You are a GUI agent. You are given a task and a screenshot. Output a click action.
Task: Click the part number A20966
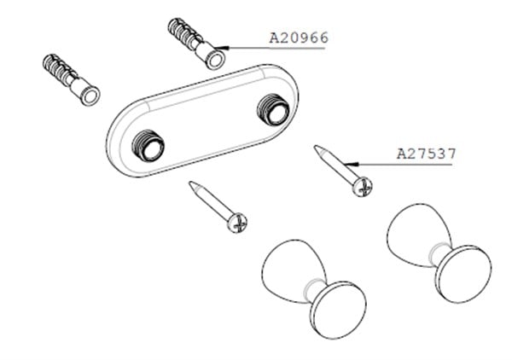click(x=299, y=38)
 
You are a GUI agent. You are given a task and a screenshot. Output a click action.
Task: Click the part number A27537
click(x=426, y=154)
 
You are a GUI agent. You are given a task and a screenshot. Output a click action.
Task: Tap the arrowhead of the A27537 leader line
click(x=352, y=164)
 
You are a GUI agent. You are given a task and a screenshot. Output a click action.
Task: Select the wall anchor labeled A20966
click(x=196, y=44)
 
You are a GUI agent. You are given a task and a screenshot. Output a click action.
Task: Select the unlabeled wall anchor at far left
click(x=71, y=79)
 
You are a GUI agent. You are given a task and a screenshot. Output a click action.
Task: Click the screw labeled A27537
click(x=343, y=171)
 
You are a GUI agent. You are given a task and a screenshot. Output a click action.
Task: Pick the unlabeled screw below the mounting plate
click(x=218, y=207)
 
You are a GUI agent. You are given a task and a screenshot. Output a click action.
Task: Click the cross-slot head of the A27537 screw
click(x=363, y=187)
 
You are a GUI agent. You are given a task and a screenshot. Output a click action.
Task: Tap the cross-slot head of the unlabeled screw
click(x=237, y=223)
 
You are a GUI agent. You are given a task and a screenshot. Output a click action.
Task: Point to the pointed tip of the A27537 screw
click(x=315, y=147)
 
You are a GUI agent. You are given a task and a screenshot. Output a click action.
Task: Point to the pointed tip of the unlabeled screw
click(x=189, y=183)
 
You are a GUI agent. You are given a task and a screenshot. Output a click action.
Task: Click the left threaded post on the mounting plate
click(x=148, y=146)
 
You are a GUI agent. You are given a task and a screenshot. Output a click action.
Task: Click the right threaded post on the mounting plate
click(x=273, y=109)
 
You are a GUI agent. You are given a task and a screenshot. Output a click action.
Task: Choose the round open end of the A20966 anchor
click(x=215, y=60)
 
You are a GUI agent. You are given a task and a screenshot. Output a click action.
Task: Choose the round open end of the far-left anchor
click(x=90, y=96)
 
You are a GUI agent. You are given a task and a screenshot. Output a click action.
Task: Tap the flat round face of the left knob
click(x=338, y=310)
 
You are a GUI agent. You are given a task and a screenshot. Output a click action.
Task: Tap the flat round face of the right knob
click(x=463, y=274)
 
